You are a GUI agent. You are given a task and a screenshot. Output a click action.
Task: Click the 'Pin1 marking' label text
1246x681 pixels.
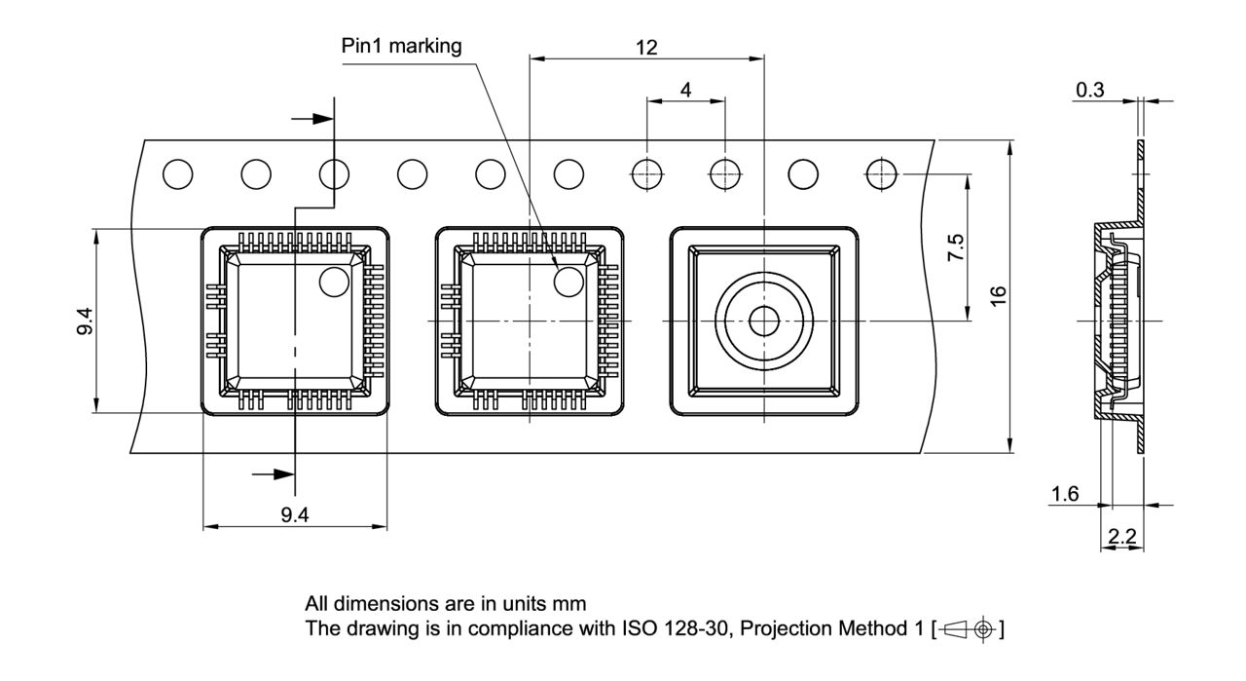coord(401,46)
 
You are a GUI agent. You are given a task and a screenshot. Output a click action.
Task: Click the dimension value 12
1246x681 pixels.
coord(645,48)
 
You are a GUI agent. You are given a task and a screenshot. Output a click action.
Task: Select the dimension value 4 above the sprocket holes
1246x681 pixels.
coord(686,90)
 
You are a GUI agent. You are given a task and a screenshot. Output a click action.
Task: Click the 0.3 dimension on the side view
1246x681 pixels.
coord(1090,91)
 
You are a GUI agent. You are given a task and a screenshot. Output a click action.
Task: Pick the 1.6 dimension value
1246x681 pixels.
coord(1066,495)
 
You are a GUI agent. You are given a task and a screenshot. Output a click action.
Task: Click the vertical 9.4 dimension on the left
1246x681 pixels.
coord(86,322)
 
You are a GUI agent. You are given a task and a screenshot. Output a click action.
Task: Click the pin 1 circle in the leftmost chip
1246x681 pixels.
coord(334,282)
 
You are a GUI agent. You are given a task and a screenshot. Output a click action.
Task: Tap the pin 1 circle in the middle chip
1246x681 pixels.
coord(568,282)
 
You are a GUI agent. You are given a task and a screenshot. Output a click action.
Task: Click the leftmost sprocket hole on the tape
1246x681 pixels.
coord(178,174)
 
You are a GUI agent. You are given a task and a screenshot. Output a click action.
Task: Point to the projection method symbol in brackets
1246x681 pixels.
coord(968,628)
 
